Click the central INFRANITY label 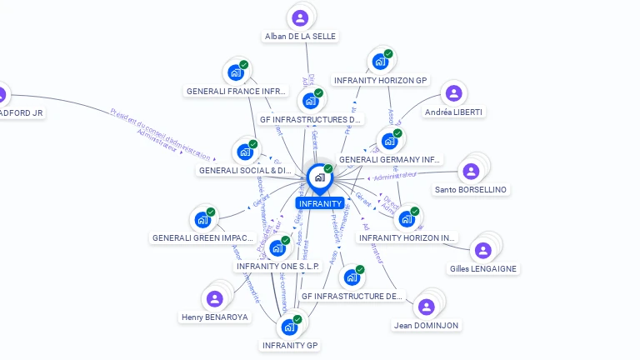tap(320, 203)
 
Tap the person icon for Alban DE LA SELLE tap(300, 17)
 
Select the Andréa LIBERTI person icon tap(453, 93)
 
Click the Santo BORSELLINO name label tap(471, 190)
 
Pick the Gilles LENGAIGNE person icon tap(482, 250)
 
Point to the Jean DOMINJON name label tap(426, 325)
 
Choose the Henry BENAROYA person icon tap(215, 298)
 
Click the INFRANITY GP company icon tap(290, 327)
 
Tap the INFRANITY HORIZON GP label tap(381, 81)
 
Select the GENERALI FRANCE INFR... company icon tap(236, 72)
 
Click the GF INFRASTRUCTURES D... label tap(312, 119)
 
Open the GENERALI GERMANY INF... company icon tap(389, 141)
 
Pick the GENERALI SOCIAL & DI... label tap(245, 171)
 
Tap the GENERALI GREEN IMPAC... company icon tap(202, 220)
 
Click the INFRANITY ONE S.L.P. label tap(278, 267)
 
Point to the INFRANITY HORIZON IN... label tap(407, 237)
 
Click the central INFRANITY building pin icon tap(319, 177)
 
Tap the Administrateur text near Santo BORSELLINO tap(395, 177)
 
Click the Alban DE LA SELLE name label tap(300, 37)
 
